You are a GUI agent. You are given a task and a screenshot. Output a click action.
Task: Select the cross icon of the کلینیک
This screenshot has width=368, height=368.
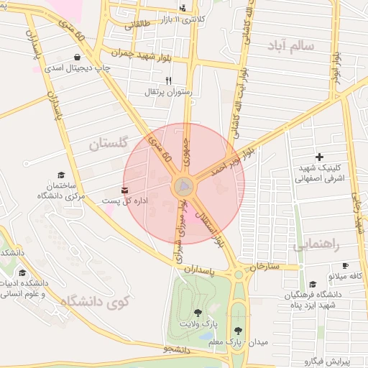(320, 157)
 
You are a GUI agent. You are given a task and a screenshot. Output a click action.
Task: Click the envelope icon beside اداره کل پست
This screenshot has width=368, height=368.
(126, 190)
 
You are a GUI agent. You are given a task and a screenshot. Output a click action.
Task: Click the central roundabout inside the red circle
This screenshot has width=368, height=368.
(184, 188)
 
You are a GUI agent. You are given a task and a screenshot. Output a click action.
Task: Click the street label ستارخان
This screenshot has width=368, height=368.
(263, 267)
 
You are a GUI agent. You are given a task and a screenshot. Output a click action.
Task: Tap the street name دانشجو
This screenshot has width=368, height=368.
(176, 349)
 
